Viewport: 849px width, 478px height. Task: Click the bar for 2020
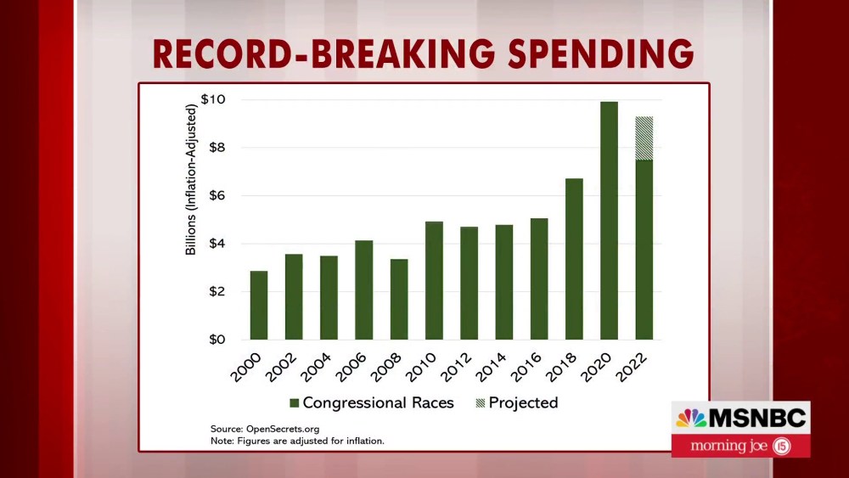pyautogui.click(x=609, y=221)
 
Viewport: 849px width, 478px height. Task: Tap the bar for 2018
pyautogui.click(x=574, y=259)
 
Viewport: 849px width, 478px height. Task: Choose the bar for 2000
pyautogui.click(x=259, y=306)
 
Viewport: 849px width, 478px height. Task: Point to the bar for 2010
pyautogui.click(x=434, y=280)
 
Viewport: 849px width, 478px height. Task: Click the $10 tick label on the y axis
pyautogui.click(x=213, y=100)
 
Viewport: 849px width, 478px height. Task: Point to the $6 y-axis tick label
pyautogui.click(x=216, y=196)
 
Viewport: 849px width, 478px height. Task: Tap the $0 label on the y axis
pyautogui.click(x=216, y=340)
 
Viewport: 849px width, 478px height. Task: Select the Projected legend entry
pyautogui.click(x=515, y=402)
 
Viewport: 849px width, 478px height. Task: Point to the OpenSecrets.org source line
pyautogui.click(x=265, y=429)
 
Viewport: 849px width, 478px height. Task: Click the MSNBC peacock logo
pyautogui.click(x=691, y=419)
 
